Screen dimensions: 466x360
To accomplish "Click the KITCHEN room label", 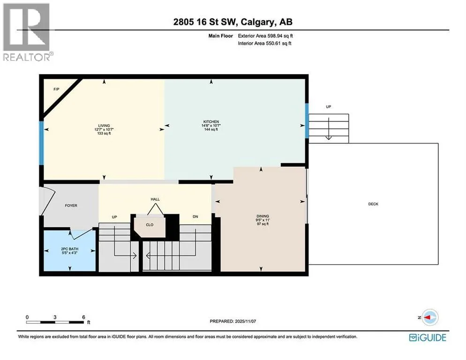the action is click(x=211, y=121).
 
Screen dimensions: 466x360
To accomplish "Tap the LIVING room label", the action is click(x=104, y=126).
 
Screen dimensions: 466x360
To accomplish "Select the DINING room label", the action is click(x=263, y=216).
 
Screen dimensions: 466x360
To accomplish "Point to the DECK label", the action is click(x=373, y=204).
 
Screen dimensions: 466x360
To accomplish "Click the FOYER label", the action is click(x=71, y=205).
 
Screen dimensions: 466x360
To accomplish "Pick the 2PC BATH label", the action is click(x=70, y=249).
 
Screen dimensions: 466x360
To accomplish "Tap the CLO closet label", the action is click(x=150, y=225).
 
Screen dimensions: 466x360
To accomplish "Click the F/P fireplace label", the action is click(x=56, y=89).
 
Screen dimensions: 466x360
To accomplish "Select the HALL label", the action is click(x=155, y=199).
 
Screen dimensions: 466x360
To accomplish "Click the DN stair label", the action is click(x=195, y=217).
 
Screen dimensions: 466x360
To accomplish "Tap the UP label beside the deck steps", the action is click(x=328, y=107).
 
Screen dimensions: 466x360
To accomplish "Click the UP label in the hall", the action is click(x=114, y=217).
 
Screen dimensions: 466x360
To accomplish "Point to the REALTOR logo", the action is click(x=27, y=32).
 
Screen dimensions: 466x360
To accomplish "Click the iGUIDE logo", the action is click(x=428, y=337).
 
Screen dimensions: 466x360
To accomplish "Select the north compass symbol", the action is click(x=429, y=317).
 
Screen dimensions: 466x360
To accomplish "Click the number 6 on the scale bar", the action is click(x=83, y=317).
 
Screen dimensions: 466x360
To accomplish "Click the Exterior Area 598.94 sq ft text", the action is click(x=265, y=36).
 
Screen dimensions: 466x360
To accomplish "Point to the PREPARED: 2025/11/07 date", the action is click(x=233, y=322).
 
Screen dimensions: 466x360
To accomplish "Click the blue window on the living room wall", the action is click(x=42, y=142).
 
